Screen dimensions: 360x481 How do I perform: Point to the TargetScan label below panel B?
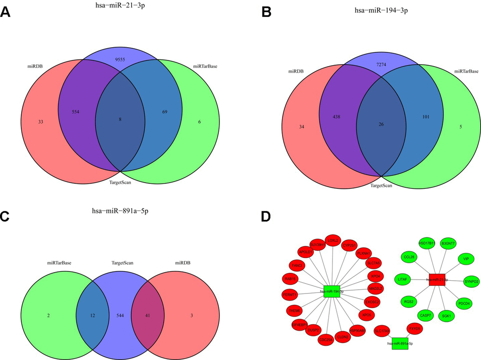381,185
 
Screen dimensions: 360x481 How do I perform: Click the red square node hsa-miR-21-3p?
438,279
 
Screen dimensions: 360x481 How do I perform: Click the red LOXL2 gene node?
333,241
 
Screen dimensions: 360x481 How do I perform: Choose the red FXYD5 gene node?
415,328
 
